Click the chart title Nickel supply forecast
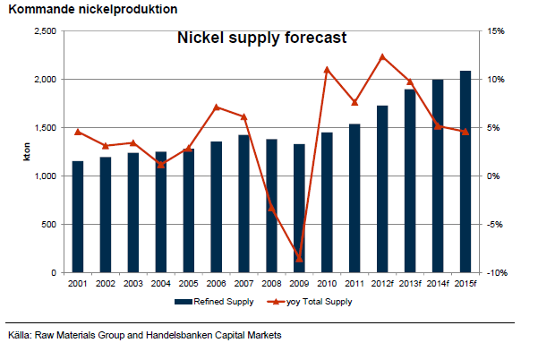(260, 39)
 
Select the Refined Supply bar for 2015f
(465, 171)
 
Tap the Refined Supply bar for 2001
(78, 217)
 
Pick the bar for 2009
(299, 208)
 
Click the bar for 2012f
(382, 189)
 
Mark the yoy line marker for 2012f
(382, 56)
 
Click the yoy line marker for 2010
(327, 69)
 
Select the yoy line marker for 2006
(216, 107)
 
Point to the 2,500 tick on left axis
(45, 31)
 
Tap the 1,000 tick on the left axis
(45, 176)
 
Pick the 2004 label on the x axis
(161, 285)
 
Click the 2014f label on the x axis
(438, 285)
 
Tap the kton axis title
(25, 152)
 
